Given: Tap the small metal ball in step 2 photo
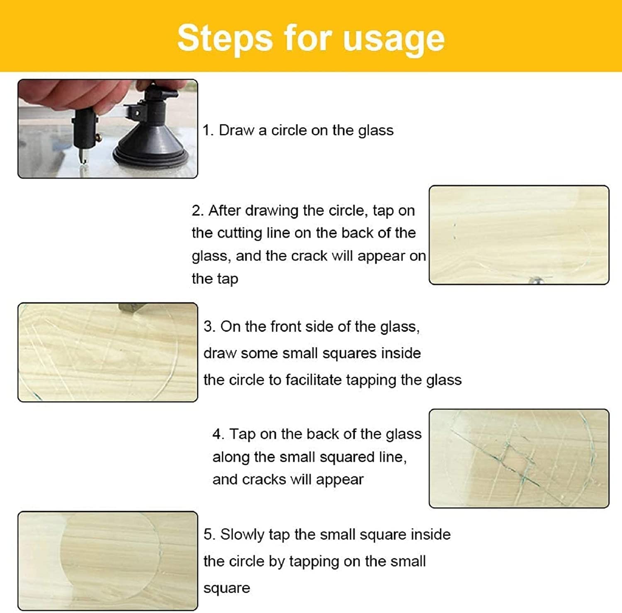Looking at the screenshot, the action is (x=534, y=281).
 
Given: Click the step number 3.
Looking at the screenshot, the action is (x=209, y=327).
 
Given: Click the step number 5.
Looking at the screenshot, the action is (x=209, y=535).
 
